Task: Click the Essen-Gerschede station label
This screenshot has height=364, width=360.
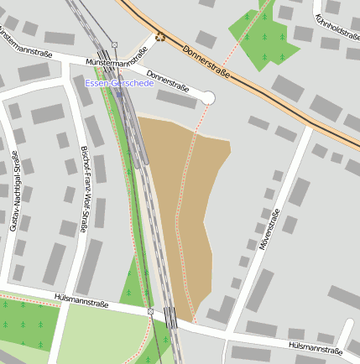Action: pos(117,83)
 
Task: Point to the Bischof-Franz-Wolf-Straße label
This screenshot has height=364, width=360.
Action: pos(84,190)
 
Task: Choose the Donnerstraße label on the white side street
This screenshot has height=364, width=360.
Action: pos(167,82)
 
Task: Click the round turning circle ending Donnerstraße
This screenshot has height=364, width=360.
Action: pos(208,99)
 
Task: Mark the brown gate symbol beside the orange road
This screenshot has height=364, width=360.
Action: pos(159,36)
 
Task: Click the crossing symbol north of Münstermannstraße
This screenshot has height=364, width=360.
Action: pos(114,44)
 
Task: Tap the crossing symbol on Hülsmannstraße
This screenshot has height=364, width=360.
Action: pos(150,311)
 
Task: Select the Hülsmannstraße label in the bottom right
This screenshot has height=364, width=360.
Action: pos(316,347)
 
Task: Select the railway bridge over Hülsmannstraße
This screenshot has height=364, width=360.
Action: pos(170,318)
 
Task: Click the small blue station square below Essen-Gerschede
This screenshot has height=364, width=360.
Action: pos(119,94)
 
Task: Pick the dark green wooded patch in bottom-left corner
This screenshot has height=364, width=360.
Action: pos(25,323)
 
